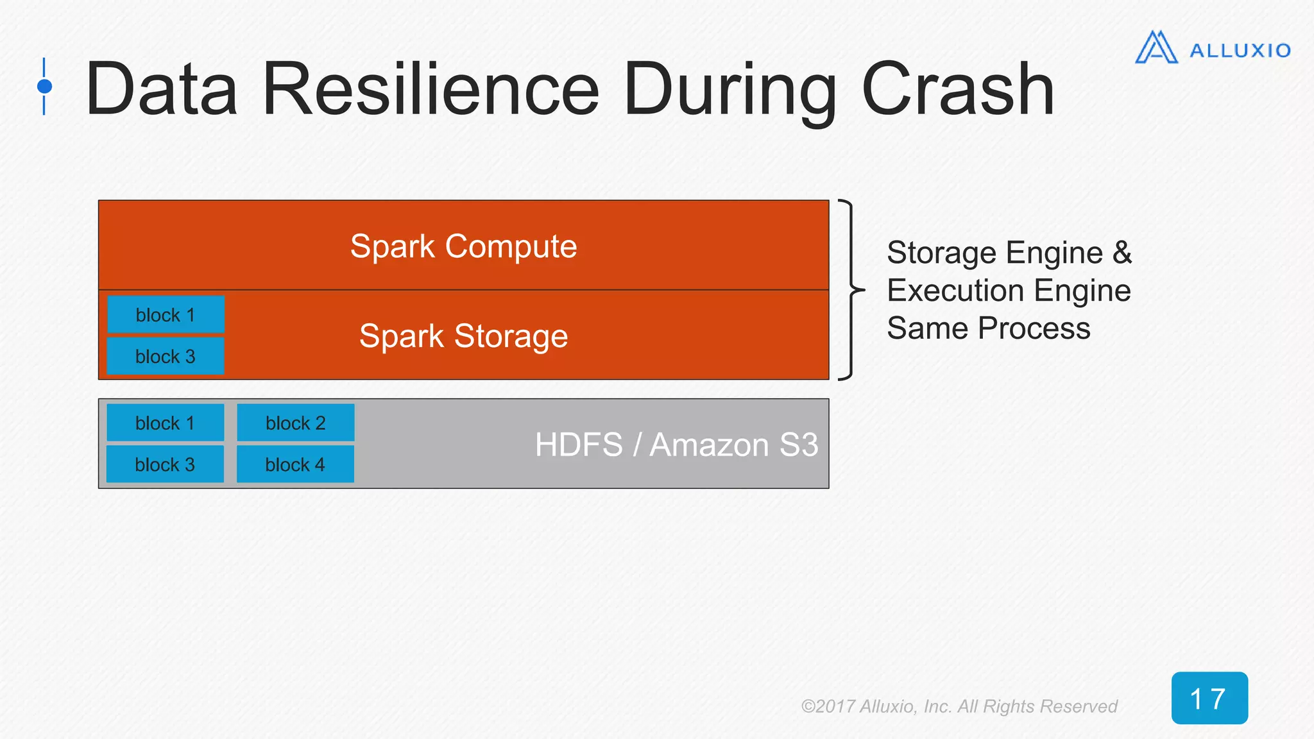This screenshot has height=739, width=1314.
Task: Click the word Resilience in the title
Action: (431, 89)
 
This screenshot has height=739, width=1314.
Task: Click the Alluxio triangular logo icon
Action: (1156, 48)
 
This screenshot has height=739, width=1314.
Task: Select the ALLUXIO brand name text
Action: (1240, 51)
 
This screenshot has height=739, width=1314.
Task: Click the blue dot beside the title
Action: (44, 86)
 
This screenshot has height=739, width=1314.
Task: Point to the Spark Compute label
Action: (463, 246)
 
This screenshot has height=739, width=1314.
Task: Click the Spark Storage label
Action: (463, 336)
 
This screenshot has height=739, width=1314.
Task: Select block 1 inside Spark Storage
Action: (166, 315)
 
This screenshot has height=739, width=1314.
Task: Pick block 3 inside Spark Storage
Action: (166, 356)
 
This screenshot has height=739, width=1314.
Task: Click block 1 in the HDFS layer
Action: (166, 423)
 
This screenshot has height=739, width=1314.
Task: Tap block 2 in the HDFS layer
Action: (295, 423)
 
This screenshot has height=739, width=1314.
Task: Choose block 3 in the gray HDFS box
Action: (166, 464)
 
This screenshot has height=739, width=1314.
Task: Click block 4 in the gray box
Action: (295, 464)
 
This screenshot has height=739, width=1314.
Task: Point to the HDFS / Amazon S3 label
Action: (676, 445)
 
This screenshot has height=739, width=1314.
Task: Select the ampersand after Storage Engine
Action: (1122, 252)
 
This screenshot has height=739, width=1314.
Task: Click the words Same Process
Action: (988, 328)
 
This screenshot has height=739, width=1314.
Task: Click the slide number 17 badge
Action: (1209, 698)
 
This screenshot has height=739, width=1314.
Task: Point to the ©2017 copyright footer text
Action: (959, 706)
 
